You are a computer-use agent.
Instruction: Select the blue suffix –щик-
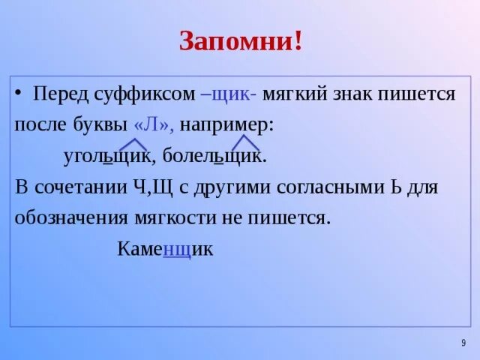pyautogui.click(x=229, y=95)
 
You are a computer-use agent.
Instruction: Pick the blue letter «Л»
pyautogui.click(x=153, y=124)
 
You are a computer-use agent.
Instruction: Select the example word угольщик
pyautogui.click(x=109, y=157)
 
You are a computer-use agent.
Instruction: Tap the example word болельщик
pyautogui.click(x=223, y=157)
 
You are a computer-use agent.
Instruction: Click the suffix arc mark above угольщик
pyautogui.click(x=133, y=143)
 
